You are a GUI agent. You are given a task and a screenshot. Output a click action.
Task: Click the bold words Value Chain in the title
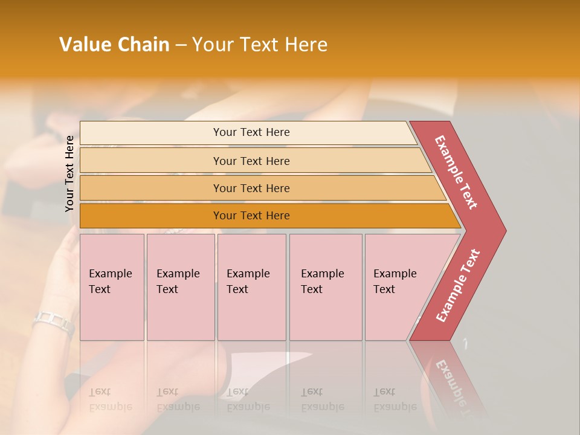[114, 45]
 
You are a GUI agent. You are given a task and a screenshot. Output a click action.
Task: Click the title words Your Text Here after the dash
[260, 45]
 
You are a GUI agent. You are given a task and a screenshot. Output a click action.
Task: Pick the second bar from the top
[251, 161]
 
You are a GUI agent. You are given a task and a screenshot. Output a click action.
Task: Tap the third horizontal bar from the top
[251, 188]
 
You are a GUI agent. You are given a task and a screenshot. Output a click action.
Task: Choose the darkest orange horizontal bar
[251, 216]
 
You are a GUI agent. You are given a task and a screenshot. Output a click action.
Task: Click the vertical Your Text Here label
[69, 173]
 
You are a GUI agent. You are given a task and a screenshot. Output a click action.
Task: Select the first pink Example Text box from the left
[112, 287]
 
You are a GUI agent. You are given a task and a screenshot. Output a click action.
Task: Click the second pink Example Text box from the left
[180, 287]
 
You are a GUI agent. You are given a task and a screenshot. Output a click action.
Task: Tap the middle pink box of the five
[251, 287]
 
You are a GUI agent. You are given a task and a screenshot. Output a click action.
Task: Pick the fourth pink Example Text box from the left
[325, 287]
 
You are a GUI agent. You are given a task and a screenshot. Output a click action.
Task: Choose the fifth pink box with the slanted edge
[399, 287]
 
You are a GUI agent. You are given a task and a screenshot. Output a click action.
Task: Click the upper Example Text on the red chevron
[456, 172]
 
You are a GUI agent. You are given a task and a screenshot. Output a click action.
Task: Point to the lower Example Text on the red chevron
[457, 286]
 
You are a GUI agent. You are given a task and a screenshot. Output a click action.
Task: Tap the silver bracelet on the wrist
[54, 321]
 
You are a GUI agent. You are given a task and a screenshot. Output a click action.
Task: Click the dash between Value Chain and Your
[181, 45]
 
